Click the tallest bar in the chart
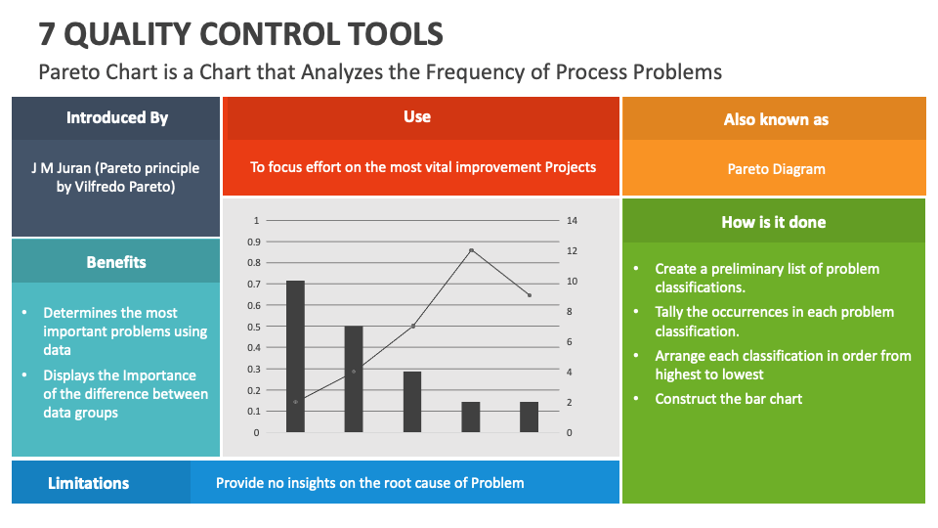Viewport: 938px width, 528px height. pos(295,356)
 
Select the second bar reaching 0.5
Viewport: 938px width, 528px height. pos(354,378)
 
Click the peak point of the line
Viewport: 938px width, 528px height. pos(471,250)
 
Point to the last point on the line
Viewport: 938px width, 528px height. pos(530,295)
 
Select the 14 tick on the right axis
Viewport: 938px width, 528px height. pos(573,220)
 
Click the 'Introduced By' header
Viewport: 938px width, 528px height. pos(116,117)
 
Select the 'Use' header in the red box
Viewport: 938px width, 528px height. pos(417,116)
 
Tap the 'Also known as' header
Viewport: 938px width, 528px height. pos(776,119)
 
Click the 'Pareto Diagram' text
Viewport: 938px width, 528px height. pos(776,169)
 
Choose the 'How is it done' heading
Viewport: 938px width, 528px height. pos(773,222)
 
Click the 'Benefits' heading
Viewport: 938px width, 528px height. pos(116,262)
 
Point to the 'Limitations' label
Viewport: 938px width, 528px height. pos(88,483)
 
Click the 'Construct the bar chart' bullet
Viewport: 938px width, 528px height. pos(728,399)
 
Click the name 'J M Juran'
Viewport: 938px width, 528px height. pos(62,168)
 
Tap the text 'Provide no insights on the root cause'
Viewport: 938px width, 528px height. pos(369,483)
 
